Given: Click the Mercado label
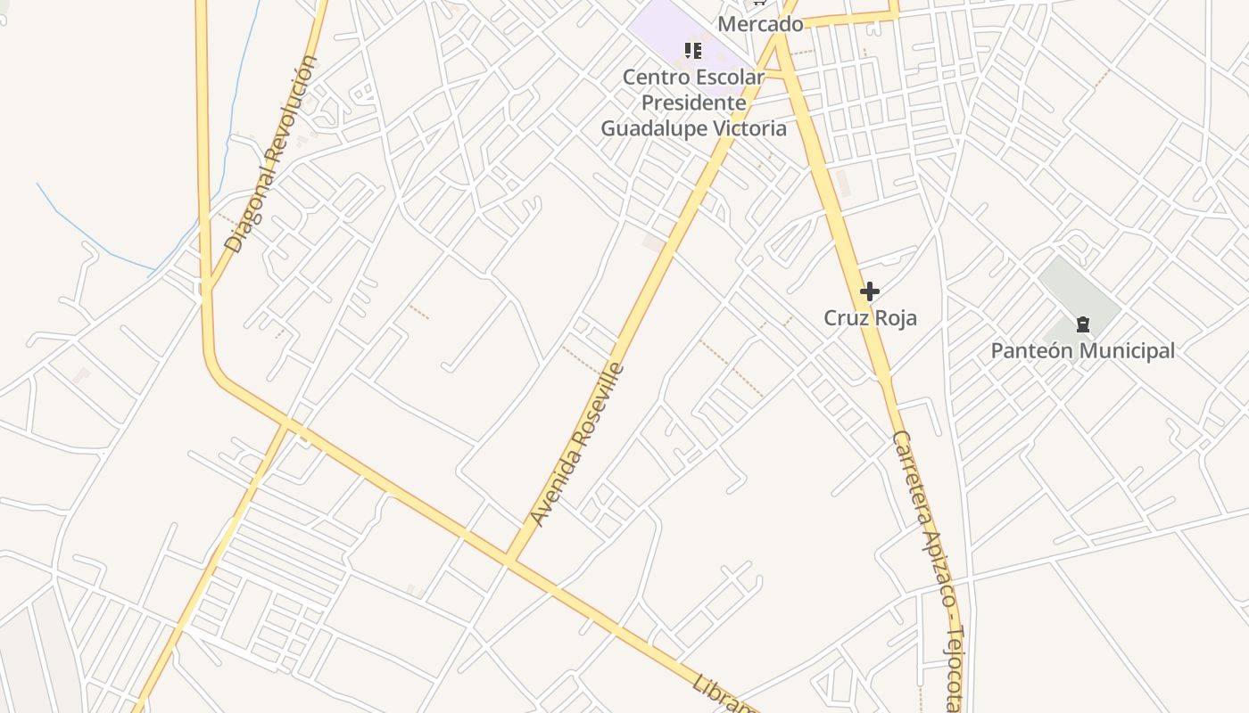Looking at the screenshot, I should (760, 24).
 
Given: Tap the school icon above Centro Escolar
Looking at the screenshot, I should (692, 51).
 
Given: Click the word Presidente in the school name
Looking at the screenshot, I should (694, 102).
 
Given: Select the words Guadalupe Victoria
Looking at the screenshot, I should (694, 128).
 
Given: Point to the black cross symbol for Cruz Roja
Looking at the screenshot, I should (870, 291).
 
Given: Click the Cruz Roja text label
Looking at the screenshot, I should (870, 318).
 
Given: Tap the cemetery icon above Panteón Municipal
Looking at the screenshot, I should (1083, 324).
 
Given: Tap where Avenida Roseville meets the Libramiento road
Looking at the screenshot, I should (510, 560).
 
